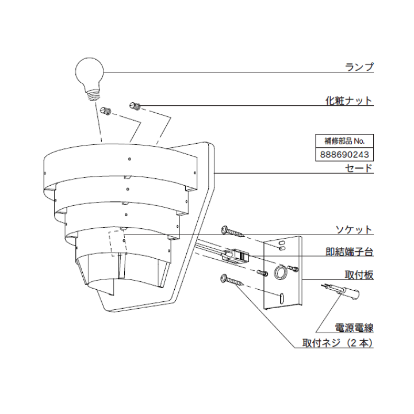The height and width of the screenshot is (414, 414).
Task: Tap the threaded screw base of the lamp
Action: pos(93,94)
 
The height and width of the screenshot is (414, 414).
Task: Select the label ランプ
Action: pos(359,67)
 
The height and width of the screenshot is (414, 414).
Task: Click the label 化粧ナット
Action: pos(349,101)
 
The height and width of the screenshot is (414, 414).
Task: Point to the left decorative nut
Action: pos(106,110)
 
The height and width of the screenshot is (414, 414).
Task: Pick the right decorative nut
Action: pos(135,106)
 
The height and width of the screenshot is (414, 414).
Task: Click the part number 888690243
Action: pos(344,155)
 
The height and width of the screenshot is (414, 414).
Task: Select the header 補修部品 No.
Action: pos(344,141)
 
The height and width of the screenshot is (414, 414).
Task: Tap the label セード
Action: pos(359,168)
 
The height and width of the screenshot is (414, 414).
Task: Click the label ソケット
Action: pos(354,229)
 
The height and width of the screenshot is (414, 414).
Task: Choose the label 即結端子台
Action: pos(350,252)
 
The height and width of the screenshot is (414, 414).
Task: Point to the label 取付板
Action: pos(359,275)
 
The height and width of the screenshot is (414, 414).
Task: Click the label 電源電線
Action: pos(354,327)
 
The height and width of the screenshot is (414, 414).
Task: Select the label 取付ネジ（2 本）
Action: pos(338,343)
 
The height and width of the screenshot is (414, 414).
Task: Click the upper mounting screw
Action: pos(232,231)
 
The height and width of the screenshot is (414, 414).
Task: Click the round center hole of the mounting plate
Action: pos(281,271)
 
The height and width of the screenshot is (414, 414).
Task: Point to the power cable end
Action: pos(340,291)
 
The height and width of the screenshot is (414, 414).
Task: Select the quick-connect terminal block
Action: pos(236,255)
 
